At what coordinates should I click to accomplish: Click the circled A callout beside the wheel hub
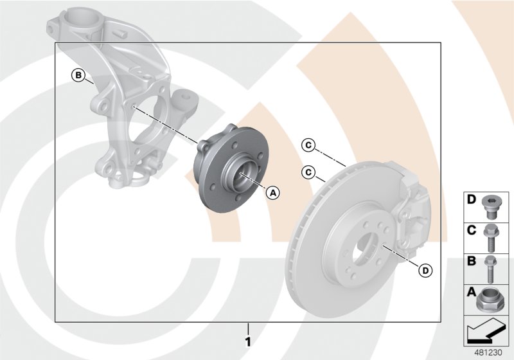coord(272,192)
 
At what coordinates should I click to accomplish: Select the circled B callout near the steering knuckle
coord(78,76)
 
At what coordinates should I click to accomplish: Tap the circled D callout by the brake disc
coord(425,271)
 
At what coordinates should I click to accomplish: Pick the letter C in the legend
coord(472,230)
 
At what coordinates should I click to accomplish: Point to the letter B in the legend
coord(472,261)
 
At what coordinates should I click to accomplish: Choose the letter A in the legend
coord(472,292)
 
